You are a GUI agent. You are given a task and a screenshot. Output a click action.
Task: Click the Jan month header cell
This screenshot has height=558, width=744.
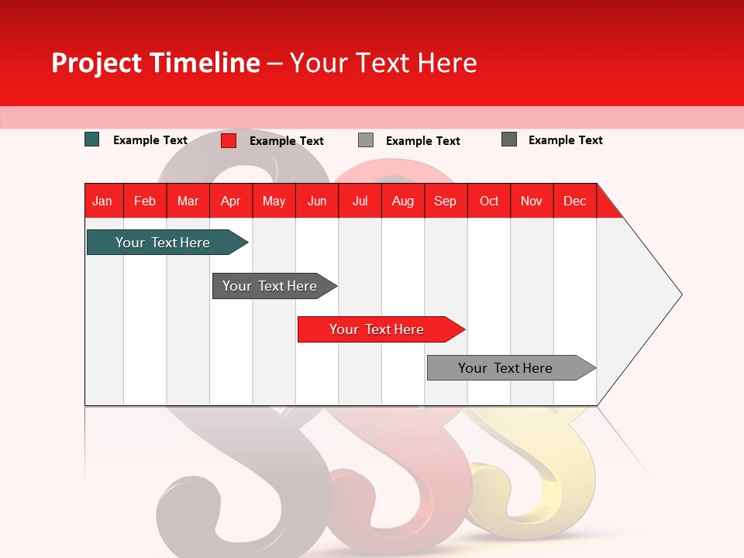coord(103,201)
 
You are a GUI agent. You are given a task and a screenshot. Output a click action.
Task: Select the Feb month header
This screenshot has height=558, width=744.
coord(145,201)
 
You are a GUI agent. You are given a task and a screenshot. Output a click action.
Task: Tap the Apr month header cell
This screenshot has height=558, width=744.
coord(231,201)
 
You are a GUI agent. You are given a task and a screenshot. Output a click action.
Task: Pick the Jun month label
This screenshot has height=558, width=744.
coord(317,201)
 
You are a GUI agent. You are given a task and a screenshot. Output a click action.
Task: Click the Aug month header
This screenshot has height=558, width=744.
coord(403,201)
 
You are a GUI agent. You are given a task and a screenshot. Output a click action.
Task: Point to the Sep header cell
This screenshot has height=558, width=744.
coord(446,201)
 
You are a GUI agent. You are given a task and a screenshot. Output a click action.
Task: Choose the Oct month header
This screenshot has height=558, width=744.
coord(489,201)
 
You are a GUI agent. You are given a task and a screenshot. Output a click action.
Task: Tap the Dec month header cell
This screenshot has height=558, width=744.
coord(575,201)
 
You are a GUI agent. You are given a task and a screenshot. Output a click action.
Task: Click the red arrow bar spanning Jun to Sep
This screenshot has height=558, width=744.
coord(377,329)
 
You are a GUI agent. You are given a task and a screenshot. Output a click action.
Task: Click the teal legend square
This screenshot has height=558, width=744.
coord(92,139)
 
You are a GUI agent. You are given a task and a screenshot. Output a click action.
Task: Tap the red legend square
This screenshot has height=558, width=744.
coord(229,140)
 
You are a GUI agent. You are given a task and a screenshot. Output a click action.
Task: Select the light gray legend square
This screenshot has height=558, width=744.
coord(366,140)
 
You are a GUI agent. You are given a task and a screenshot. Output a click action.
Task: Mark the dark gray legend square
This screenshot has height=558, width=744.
coord(509,139)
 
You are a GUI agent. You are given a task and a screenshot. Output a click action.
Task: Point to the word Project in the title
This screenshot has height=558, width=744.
coord(96,63)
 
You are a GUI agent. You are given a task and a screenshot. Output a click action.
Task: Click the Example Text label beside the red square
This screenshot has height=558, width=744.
coord(287,141)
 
